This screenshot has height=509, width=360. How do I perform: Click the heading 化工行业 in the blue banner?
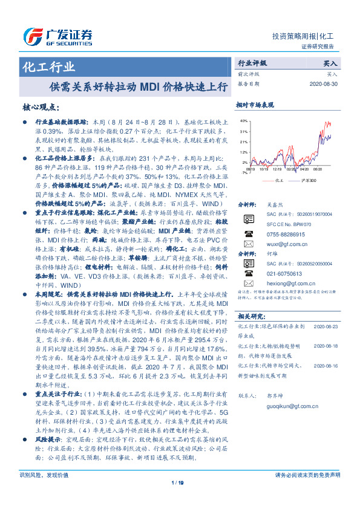(x=49, y=66)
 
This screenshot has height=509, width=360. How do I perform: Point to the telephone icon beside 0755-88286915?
(x=249, y=233)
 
